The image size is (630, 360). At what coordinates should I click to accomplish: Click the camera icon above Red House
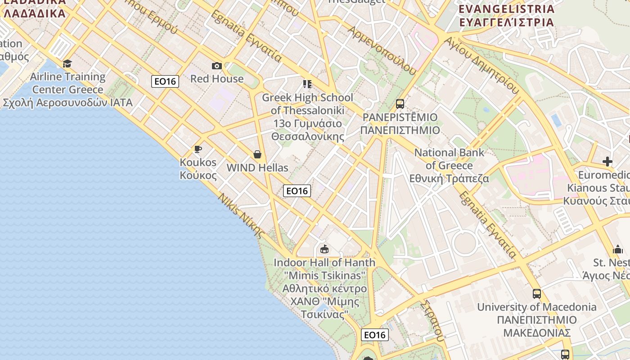click(217, 66)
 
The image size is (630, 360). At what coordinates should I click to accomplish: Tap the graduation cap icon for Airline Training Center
click(67, 63)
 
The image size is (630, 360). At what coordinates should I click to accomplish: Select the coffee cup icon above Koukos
click(198, 149)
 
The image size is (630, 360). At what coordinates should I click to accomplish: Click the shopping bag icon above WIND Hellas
click(257, 155)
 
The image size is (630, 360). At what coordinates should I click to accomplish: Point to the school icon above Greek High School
click(307, 84)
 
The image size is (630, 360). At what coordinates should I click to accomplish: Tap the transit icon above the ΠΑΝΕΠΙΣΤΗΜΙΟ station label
click(400, 104)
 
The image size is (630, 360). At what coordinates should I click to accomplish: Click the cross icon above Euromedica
click(607, 161)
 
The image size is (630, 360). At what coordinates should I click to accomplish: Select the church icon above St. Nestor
click(617, 249)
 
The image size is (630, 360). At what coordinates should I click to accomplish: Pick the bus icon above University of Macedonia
click(536, 294)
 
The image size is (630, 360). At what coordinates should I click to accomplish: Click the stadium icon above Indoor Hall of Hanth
click(324, 249)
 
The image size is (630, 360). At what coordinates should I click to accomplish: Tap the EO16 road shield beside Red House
click(165, 81)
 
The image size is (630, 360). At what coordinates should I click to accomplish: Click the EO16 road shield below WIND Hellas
click(297, 191)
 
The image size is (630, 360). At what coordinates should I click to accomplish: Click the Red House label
click(217, 79)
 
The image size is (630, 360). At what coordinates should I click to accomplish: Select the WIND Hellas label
click(257, 168)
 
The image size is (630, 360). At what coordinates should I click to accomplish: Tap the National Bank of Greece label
click(449, 166)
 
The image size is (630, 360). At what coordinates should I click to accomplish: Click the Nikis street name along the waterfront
click(241, 215)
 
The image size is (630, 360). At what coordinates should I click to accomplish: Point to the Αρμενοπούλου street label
click(382, 49)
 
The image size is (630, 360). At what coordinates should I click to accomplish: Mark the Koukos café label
click(198, 169)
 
